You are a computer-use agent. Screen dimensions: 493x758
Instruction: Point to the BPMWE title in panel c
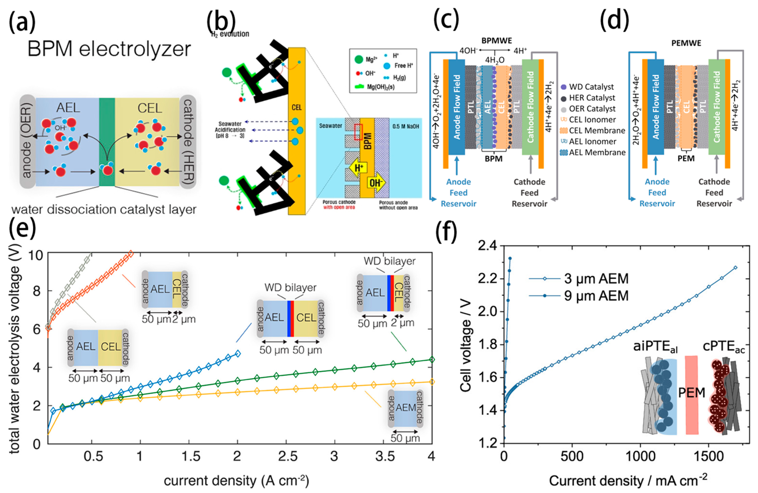pos(497,41)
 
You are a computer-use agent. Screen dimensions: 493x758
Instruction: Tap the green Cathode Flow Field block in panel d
pos(717,107)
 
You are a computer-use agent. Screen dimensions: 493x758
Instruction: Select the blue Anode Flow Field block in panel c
pos(457,107)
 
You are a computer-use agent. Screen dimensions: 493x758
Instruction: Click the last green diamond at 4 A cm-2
pos(432,359)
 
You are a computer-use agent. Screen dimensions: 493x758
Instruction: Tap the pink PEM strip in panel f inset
pos(691,395)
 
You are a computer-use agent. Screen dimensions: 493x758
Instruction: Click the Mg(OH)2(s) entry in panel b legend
pos(381,87)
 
